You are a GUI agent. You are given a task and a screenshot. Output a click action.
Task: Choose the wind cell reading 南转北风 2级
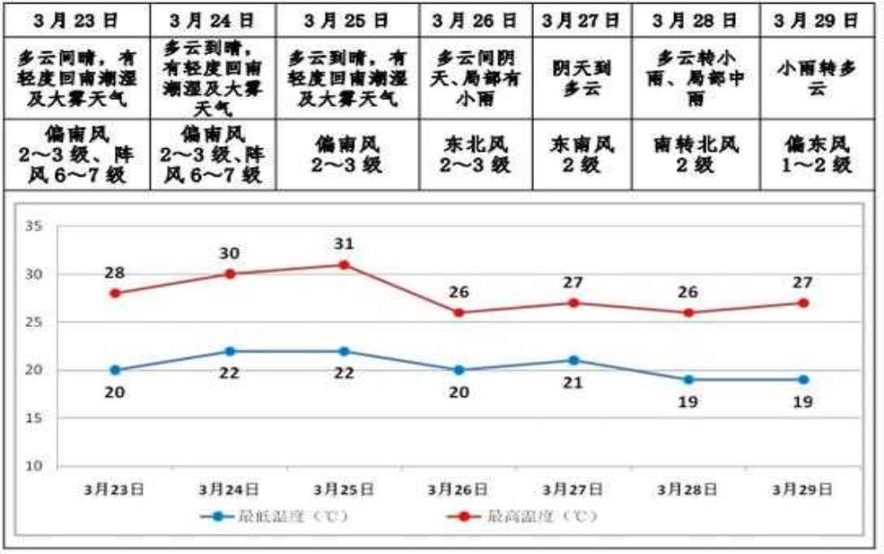pos(696,154)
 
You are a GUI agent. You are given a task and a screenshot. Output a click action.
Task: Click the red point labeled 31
pos(344,265)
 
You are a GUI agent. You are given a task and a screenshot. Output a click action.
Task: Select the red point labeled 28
pos(115,294)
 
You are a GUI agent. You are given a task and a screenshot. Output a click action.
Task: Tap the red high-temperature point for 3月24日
pos(230,274)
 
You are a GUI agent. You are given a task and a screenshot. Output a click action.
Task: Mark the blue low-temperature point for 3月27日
pos(573,360)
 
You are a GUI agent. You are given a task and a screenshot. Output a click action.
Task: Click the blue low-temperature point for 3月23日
pos(115,370)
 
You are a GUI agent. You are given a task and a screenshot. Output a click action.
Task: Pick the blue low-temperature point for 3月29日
pos(803,380)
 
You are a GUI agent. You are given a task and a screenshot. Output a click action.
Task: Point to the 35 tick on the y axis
pos(34,226)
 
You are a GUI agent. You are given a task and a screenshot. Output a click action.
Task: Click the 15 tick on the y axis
pos(34,418)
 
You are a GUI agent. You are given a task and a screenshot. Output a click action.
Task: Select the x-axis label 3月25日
pos(344,489)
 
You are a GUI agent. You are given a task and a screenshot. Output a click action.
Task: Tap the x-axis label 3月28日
pos(687,489)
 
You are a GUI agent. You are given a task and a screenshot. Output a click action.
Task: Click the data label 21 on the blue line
pos(573,383)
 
